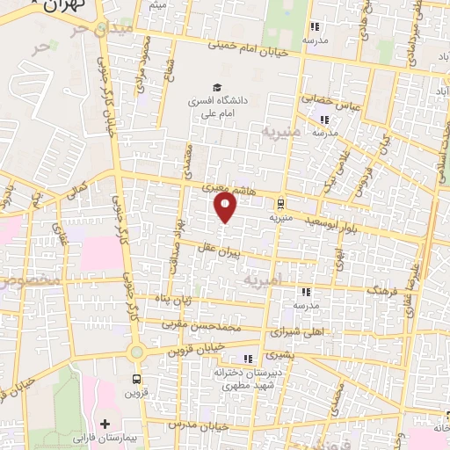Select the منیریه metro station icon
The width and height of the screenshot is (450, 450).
tap(280, 201)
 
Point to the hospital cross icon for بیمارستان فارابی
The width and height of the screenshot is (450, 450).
tap(105, 425)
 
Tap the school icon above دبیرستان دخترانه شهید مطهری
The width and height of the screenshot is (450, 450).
tap(248, 359)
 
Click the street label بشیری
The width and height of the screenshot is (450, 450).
tap(275, 356)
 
